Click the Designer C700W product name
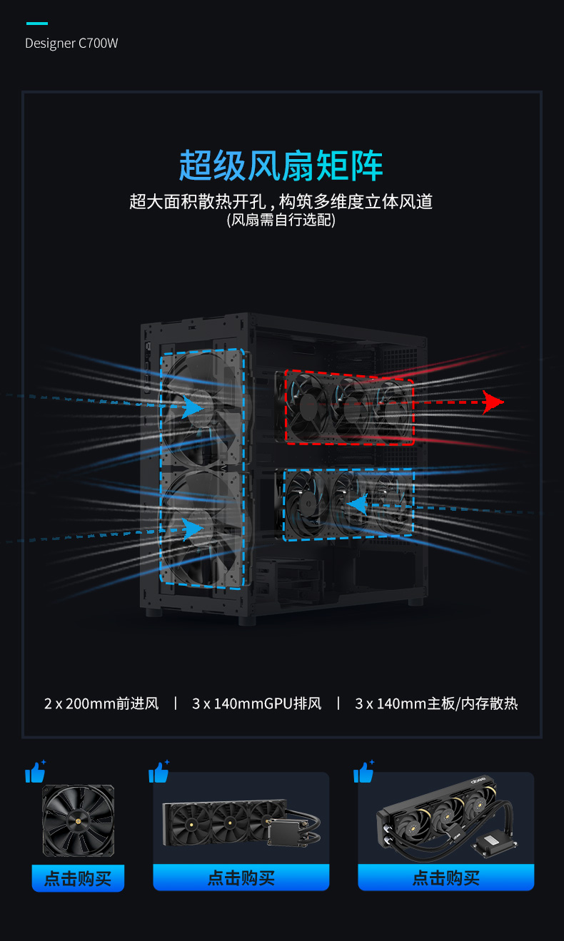tap(71, 44)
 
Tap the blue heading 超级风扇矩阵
tap(281, 166)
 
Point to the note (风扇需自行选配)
tap(281, 220)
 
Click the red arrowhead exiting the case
tap(492, 402)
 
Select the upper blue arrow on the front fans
tap(192, 407)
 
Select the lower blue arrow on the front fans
tap(192, 528)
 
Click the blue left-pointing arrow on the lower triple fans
tap(358, 505)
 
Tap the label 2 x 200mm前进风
tap(101, 703)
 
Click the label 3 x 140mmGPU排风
tap(257, 703)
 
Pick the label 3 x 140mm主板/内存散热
tap(436, 703)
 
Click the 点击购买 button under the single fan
tap(78, 878)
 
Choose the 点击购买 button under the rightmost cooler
tap(445, 878)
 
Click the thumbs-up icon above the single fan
tap(35, 772)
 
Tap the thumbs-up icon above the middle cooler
tap(158, 772)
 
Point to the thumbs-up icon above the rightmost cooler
tap(364, 772)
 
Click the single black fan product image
tap(78, 820)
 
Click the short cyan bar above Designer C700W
tap(36, 24)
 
